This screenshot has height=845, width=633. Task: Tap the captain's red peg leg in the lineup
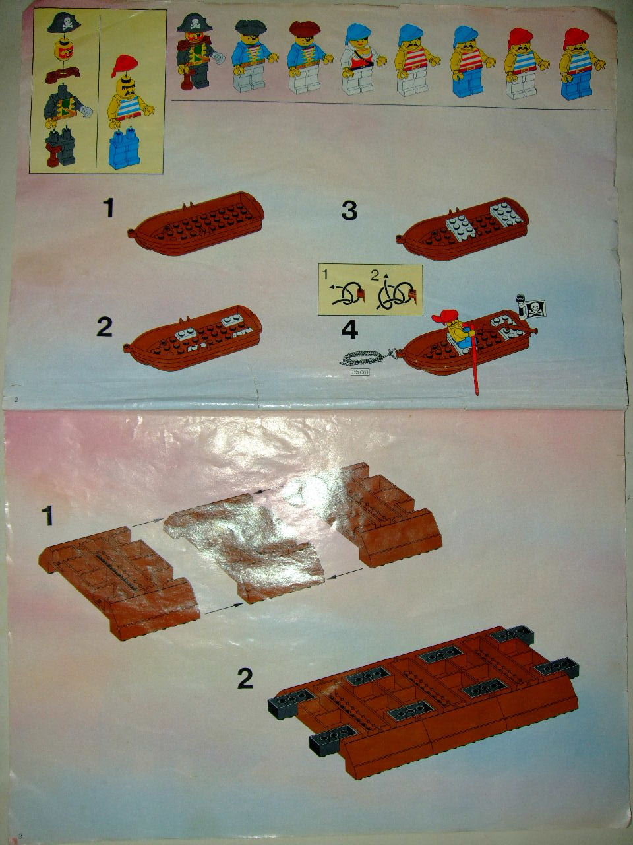[187, 81]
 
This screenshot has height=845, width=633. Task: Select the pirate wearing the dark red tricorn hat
[306, 57]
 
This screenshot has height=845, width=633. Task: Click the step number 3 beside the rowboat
[349, 211]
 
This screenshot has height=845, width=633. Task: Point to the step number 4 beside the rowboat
[349, 329]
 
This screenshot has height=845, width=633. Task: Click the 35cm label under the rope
[360, 372]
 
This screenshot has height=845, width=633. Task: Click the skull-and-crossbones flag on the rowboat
[536, 308]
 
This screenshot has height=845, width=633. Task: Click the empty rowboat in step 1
[196, 224]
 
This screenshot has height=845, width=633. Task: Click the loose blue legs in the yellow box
[124, 148]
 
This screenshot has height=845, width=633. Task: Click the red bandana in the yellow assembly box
[125, 66]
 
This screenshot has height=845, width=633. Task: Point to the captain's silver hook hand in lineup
[220, 58]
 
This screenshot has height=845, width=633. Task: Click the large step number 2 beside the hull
[245, 679]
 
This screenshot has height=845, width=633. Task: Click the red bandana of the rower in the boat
[446, 316]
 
